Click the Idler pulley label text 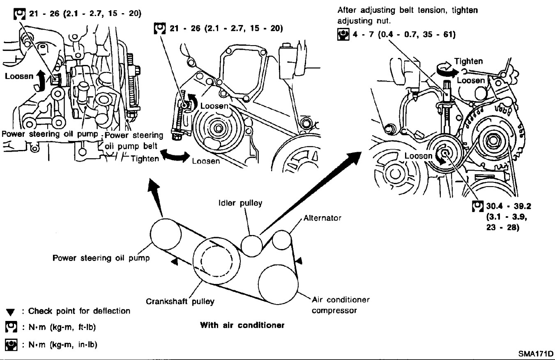240,203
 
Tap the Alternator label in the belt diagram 322,218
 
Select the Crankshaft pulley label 180,302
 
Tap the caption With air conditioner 242,325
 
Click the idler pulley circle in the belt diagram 251,245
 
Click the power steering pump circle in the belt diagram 165,233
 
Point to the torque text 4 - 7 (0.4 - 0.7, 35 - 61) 400,35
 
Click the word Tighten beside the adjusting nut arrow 468,62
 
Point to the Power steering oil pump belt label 134,140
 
